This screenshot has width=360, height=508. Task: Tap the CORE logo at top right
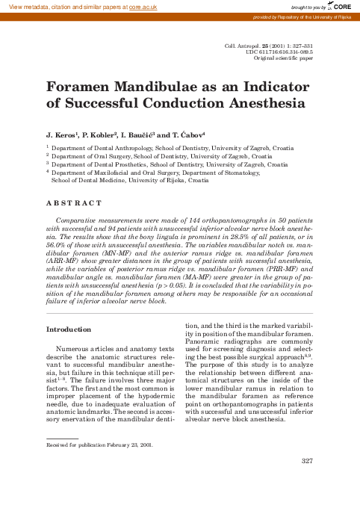(343, 5)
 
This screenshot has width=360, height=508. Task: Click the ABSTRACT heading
(73, 203)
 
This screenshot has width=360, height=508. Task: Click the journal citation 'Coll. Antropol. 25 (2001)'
(258, 46)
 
